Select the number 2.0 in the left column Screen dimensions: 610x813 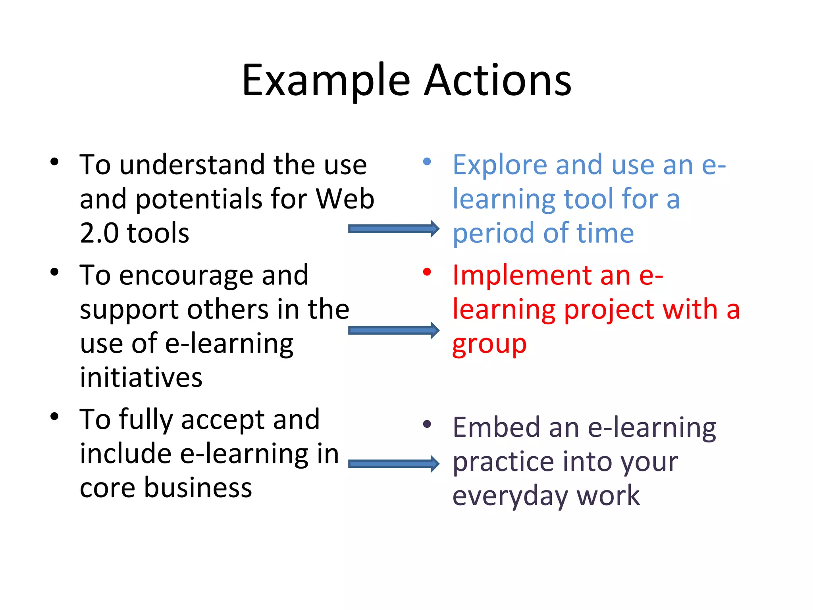pos(99,233)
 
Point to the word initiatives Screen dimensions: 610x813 pos(141,377)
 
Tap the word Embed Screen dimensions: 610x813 pos(496,428)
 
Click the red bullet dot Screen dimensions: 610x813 pos(427,272)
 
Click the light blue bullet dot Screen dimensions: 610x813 pos(427,162)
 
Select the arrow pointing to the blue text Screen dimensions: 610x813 pos(393,228)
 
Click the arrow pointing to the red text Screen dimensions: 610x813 pos(393,330)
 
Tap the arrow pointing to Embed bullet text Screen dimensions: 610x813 pos(393,464)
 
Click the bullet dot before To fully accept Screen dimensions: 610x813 pos(54,417)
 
